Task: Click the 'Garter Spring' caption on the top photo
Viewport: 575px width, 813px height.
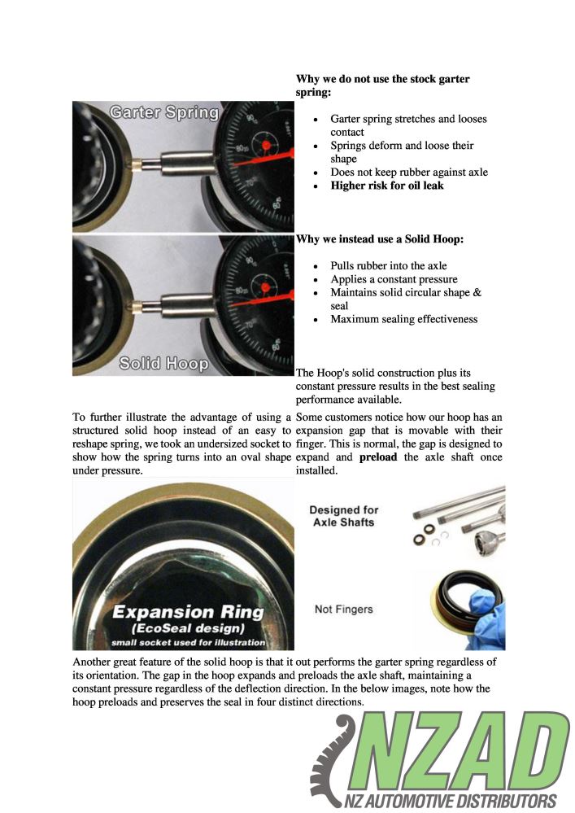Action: [164, 112]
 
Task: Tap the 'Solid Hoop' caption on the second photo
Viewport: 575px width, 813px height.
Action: [163, 363]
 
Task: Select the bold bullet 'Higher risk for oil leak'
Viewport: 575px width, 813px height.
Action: [386, 186]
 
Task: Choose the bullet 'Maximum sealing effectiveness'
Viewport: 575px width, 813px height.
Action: [403, 319]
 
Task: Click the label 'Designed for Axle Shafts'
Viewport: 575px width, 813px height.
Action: [344, 515]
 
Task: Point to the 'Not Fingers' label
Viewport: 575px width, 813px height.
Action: [344, 608]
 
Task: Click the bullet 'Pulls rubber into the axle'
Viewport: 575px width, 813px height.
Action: [388, 266]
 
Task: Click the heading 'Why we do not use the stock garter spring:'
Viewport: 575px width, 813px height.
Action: [382, 85]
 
